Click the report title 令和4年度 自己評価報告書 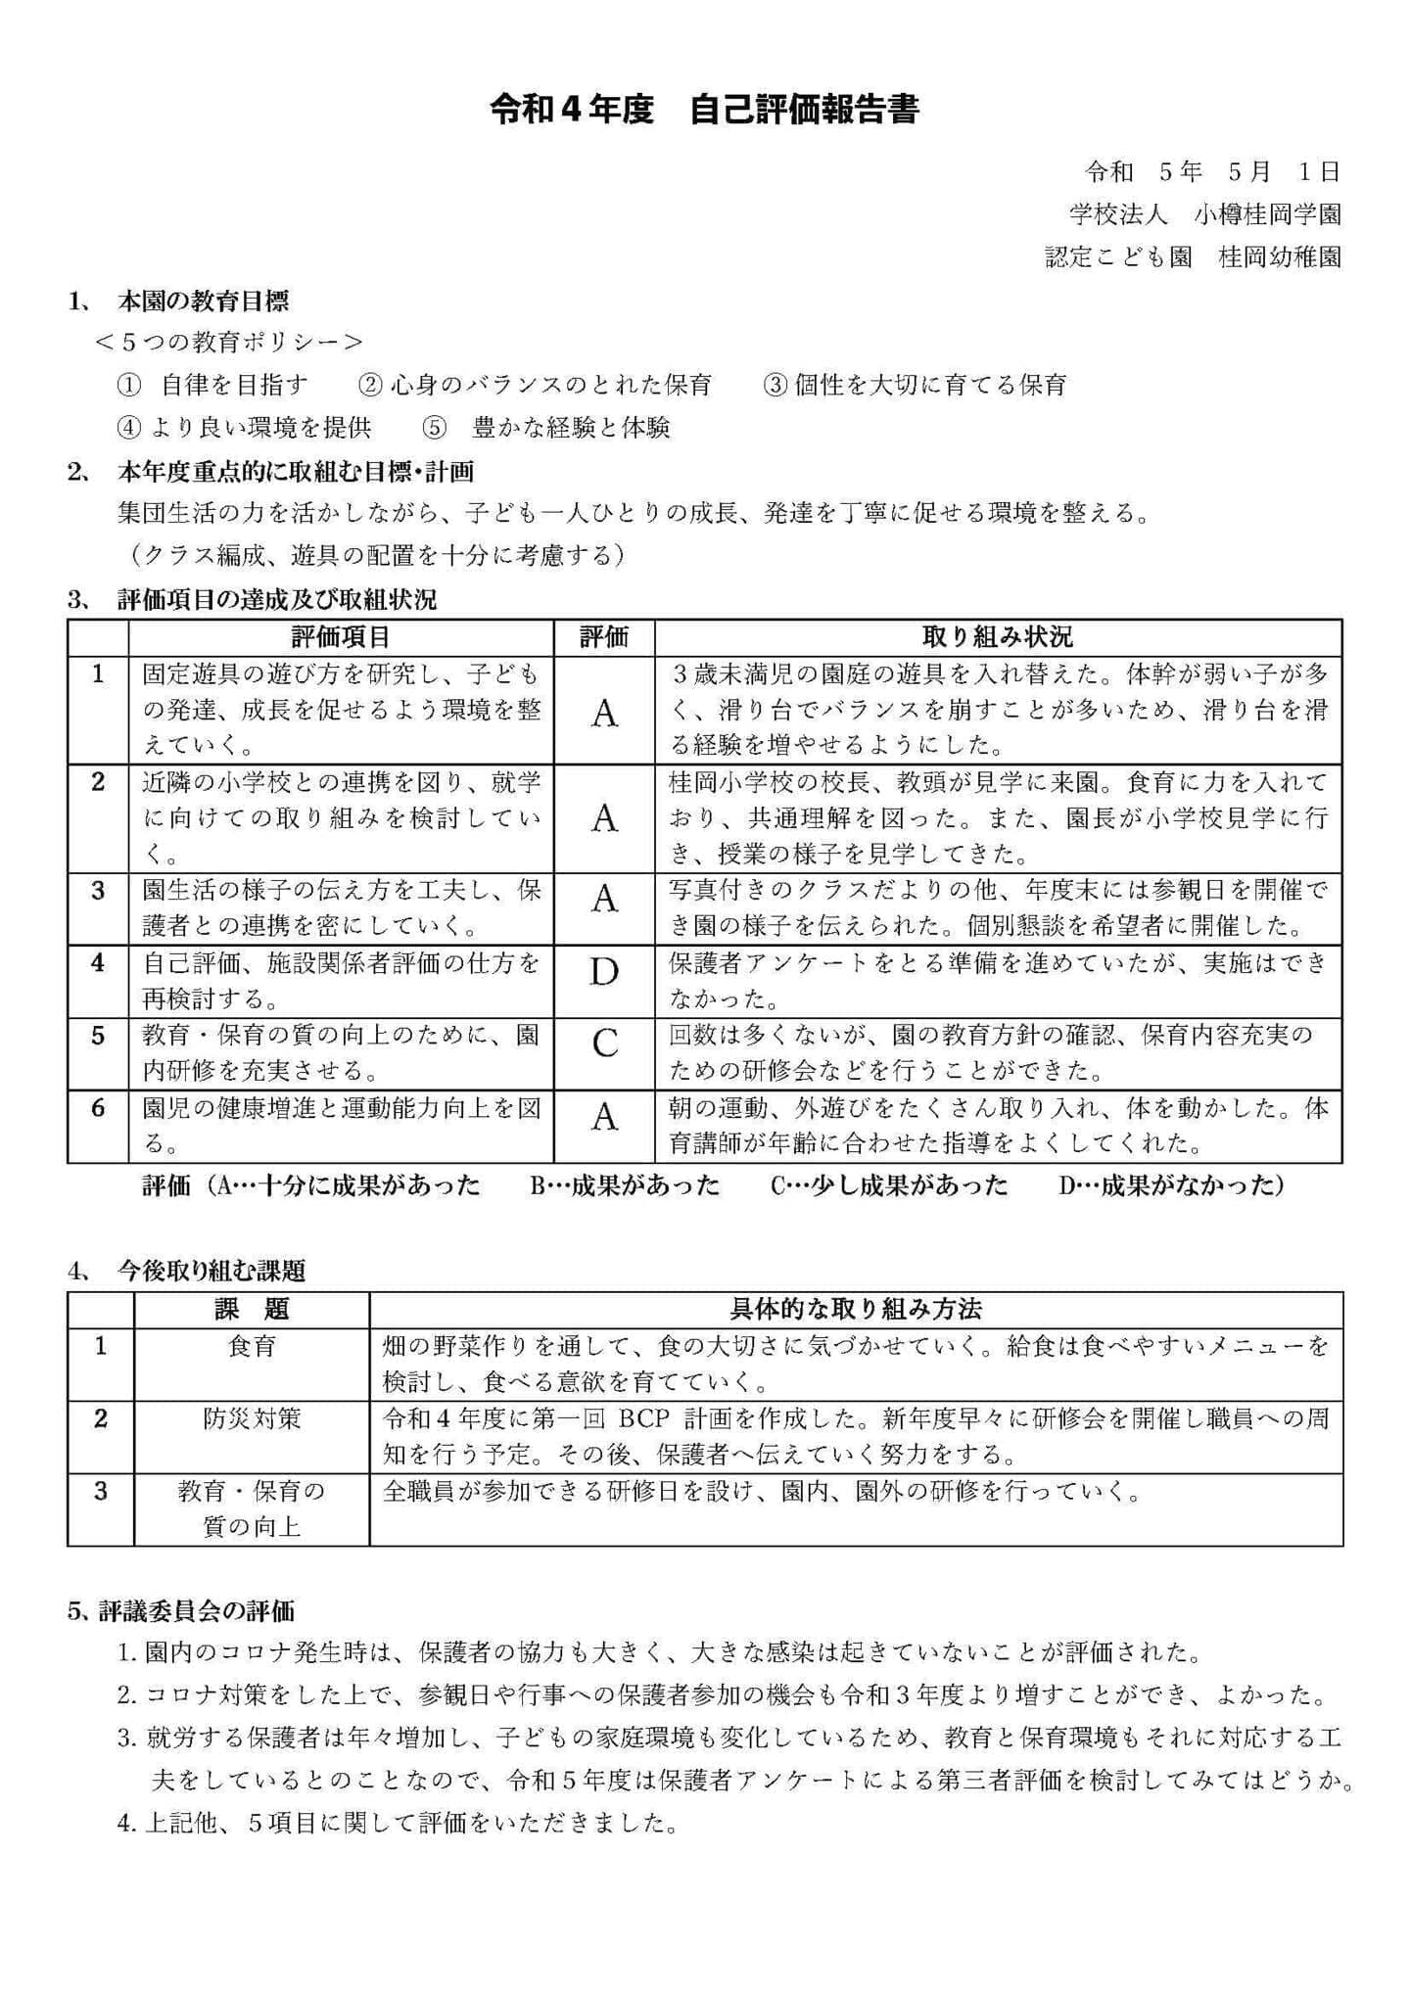(704, 109)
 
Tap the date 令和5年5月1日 (1211, 172)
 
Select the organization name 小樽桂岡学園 (1267, 214)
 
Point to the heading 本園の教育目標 (203, 300)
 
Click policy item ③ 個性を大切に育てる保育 (915, 385)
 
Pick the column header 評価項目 (341, 637)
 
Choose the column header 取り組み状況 (997, 637)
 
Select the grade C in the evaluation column (604, 1043)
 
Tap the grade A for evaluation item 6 (604, 1116)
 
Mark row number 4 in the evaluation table (98, 963)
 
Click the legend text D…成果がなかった (1171, 1185)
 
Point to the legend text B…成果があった (625, 1185)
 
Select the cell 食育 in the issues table (252, 1347)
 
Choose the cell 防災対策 (252, 1418)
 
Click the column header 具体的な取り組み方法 (856, 1309)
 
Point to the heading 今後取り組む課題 (211, 1271)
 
